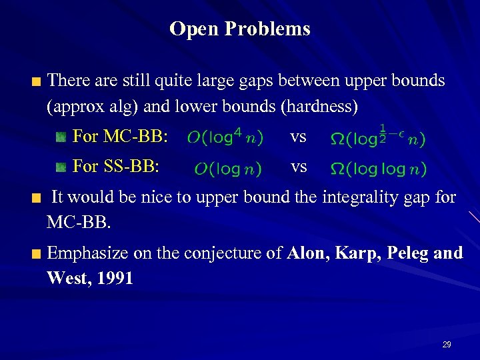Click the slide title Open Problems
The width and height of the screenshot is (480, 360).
[239, 29]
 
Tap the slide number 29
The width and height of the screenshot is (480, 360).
[446, 345]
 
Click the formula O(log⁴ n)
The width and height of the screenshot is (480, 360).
[225, 137]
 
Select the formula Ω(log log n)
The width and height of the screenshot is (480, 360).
[378, 169]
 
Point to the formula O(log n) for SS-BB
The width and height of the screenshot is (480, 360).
[227, 169]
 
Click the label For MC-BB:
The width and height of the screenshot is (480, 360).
[119, 137]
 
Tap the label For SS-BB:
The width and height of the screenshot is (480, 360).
[115, 167]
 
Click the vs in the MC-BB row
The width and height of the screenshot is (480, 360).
[298, 137]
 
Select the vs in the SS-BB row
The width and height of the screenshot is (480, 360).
[298, 167]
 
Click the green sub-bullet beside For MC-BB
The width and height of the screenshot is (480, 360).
[61, 137]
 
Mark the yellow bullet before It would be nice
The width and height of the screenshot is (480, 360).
[37, 199]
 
